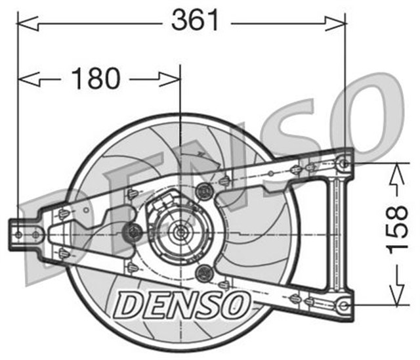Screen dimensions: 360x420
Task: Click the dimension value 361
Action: pos(195,21)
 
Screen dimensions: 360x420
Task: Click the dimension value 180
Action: pos(96,79)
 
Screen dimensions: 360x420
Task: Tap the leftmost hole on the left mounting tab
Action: pos(18,234)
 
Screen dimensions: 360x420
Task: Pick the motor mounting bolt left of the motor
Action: pos(135,232)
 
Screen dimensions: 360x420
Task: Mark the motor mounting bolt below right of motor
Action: pos(203,273)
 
